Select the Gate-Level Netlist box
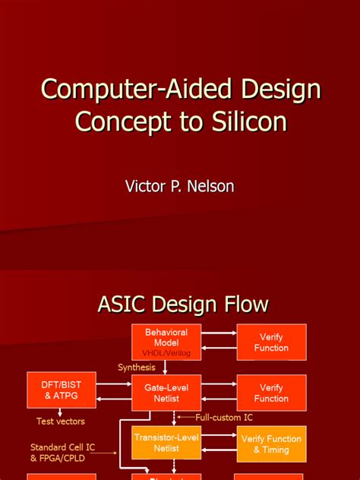[166, 393]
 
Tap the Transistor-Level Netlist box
[166, 444]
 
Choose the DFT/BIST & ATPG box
[61, 390]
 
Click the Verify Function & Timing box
[271, 444]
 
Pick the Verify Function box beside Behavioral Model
[271, 343]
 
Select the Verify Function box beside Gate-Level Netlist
[271, 393]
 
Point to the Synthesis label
[137, 368]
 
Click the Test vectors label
[61, 421]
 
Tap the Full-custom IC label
[224, 418]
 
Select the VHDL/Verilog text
[166, 353]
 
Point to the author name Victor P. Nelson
[179, 186]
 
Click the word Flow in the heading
[242, 305]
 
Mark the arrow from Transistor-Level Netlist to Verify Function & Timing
[217, 438]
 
